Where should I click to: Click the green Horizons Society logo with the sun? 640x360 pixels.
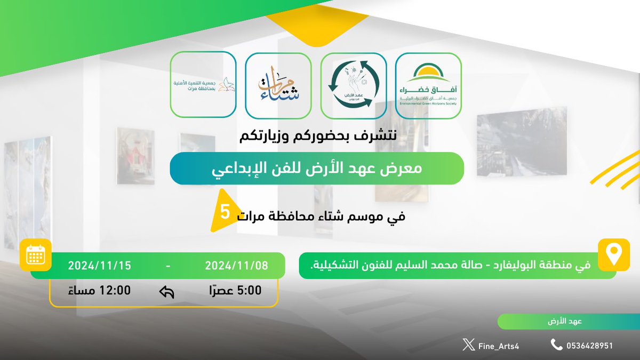428,85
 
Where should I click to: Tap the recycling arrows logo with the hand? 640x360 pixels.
353,85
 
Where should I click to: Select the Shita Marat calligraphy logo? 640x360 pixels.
278,85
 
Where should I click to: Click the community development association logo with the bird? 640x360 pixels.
203,85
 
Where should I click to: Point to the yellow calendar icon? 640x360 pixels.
35,256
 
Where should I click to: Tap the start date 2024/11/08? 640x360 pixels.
236,265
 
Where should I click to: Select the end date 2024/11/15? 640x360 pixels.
99,265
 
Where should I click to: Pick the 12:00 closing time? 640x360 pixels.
100,291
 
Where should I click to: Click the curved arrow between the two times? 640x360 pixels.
167,291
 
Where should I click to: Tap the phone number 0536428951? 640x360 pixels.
589,346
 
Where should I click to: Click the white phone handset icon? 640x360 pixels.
556,345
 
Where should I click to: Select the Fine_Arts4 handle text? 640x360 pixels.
499,346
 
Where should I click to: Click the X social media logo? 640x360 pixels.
468,346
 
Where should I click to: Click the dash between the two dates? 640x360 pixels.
169,265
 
